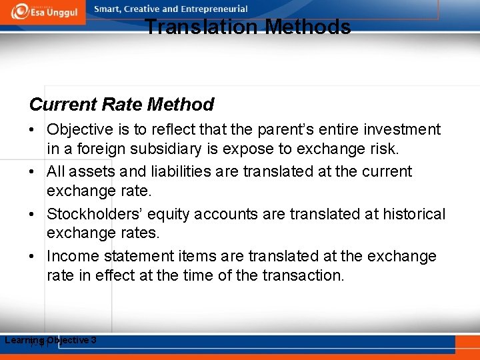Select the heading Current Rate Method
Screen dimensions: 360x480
[121, 105]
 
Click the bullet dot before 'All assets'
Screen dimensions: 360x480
[34, 172]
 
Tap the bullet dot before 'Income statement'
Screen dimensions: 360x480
[34, 257]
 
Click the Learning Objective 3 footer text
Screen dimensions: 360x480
[51, 341]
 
